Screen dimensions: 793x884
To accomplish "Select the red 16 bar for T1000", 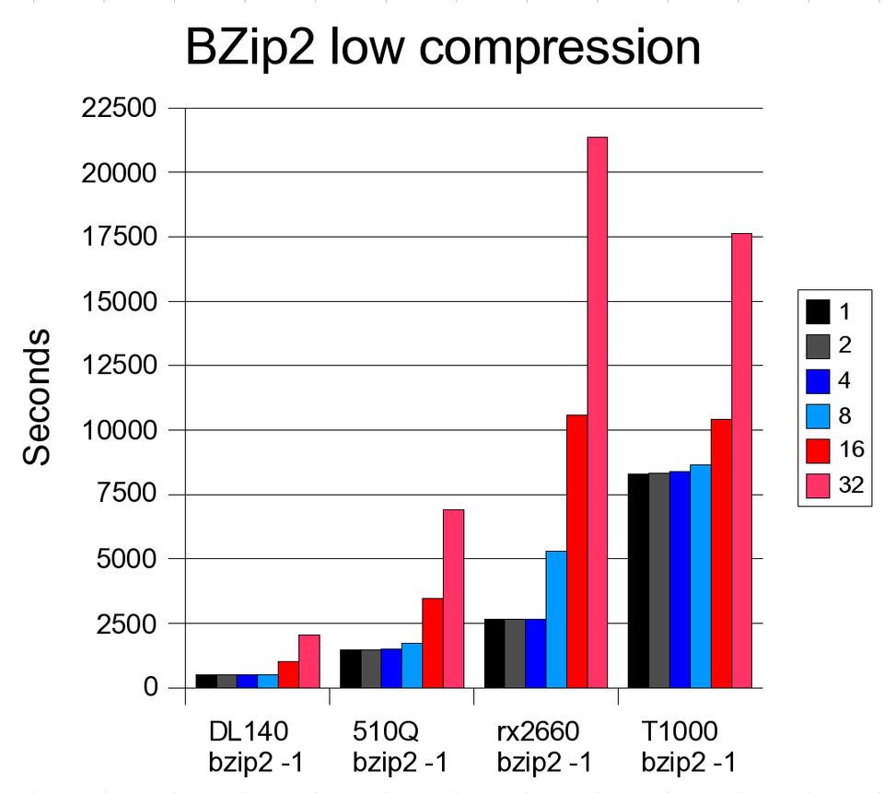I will coord(721,554).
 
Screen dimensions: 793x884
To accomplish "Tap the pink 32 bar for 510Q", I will coord(453,599).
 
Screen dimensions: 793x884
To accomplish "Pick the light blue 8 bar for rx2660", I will coord(556,619).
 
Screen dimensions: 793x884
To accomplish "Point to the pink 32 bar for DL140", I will coord(308,661).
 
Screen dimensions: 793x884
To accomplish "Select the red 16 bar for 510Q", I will coord(433,643).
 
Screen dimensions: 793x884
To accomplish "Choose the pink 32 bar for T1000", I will coord(741,461).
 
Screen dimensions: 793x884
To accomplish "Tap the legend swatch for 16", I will coord(819,451).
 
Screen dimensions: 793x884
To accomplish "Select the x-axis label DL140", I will coord(249,732).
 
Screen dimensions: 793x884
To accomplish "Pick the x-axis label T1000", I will coord(681,732).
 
